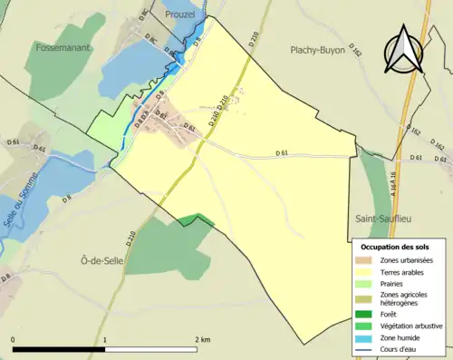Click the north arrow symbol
coord(402,47)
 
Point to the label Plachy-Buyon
coord(318,51)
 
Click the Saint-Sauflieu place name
coord(386,220)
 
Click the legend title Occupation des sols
coord(395,247)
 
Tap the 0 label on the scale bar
coord(13,339)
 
